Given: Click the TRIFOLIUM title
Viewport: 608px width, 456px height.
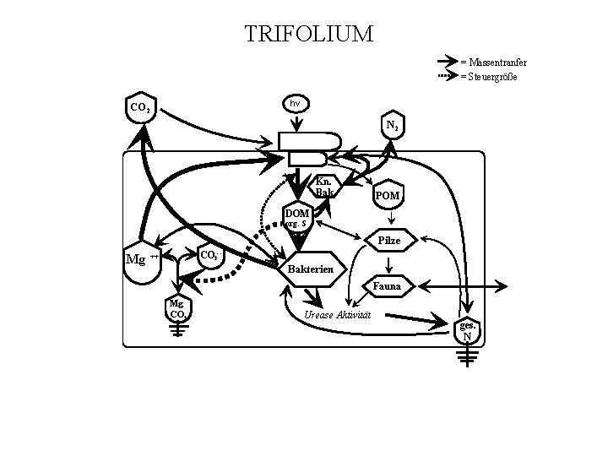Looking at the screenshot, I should [x=307, y=35].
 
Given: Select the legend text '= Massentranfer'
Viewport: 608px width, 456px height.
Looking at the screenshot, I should [x=493, y=63].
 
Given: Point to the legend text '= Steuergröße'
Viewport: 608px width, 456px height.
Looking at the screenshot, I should [x=489, y=77].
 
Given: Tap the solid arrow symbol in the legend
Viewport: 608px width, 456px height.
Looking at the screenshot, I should [x=446, y=62].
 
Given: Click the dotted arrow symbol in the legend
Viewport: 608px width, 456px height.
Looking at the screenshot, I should [x=446, y=77].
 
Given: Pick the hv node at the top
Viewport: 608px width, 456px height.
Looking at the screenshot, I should [x=295, y=103].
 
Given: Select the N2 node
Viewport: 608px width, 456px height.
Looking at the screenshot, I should [x=393, y=127].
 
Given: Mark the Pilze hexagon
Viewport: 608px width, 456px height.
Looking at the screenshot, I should [x=389, y=242].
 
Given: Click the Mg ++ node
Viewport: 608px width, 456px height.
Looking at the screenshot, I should [x=141, y=258].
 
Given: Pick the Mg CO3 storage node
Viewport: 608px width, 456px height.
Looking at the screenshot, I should [x=177, y=310].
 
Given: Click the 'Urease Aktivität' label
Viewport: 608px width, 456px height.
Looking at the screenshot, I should [x=337, y=315].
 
